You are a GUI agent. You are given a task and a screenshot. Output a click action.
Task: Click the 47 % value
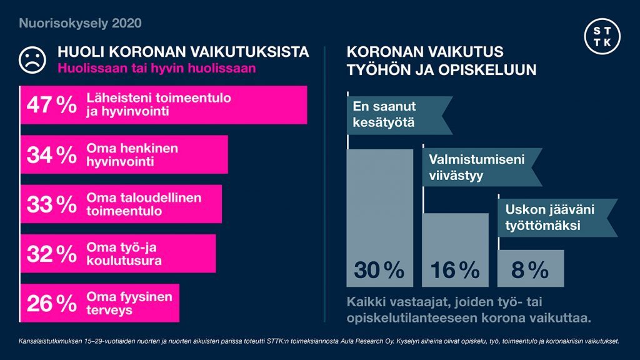tap(51, 105)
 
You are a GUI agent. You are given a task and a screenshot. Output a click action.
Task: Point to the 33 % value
tap(51, 204)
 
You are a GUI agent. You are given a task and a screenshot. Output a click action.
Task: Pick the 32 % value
tap(51, 254)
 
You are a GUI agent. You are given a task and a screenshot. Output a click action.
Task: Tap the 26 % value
tap(51, 303)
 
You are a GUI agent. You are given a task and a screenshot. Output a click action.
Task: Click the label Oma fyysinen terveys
tap(128, 303)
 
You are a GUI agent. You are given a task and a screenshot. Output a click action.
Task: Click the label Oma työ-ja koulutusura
tap(124, 254)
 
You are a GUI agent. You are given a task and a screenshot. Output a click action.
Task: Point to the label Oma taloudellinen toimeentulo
tap(143, 204)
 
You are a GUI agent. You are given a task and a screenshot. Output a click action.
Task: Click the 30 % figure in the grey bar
tap(379, 270)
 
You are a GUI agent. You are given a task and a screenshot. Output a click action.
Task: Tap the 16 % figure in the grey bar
tap(455, 270)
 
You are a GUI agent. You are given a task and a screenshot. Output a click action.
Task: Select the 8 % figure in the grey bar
tap(529, 270)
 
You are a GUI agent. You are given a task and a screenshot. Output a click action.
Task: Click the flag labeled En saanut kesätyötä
tap(394, 114)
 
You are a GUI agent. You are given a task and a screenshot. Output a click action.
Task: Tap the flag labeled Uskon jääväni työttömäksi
tap(553, 217)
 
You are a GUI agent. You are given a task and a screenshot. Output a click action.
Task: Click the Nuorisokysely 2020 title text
tap(81, 24)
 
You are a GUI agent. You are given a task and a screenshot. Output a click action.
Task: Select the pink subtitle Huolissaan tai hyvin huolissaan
tap(156, 68)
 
